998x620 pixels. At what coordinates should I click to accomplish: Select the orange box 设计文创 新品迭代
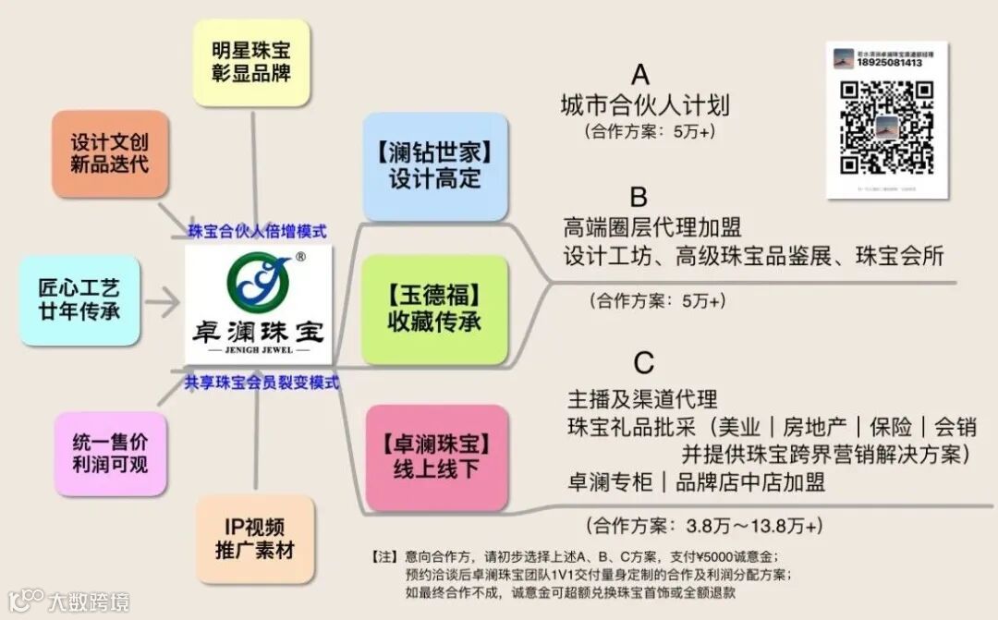pos(109,154)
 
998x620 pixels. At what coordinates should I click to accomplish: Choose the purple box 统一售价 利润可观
pos(109,454)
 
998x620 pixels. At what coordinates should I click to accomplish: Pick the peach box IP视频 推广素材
pos(254,539)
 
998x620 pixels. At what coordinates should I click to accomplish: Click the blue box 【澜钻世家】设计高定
pos(434,166)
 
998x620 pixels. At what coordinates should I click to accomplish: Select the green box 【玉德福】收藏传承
pos(434,310)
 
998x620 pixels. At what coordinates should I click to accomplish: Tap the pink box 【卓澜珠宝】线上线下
pos(434,457)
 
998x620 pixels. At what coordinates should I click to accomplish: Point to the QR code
pos(886,128)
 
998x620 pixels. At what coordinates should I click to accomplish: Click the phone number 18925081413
pos(889,63)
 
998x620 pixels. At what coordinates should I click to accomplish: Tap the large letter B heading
pos(639,197)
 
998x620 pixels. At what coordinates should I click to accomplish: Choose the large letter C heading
pos(644,361)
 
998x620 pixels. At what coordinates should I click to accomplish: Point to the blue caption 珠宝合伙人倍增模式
pos(257,231)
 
